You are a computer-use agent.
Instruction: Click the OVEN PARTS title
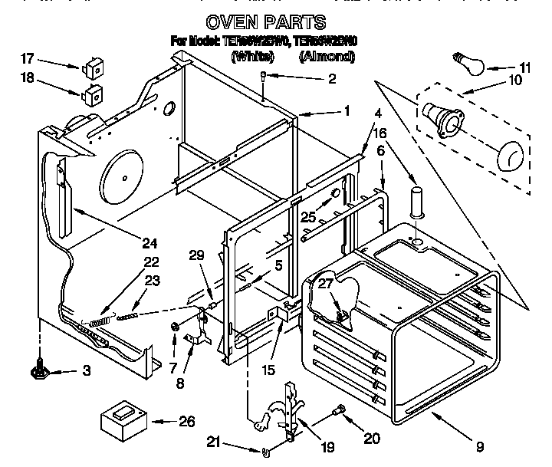[266, 22]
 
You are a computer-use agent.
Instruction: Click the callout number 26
[186, 421]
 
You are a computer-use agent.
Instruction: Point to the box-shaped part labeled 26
[123, 420]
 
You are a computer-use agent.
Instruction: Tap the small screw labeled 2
[263, 77]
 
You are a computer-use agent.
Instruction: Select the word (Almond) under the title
[328, 57]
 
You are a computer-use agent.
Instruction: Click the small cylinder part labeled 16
[417, 199]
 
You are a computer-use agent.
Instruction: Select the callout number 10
[515, 79]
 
